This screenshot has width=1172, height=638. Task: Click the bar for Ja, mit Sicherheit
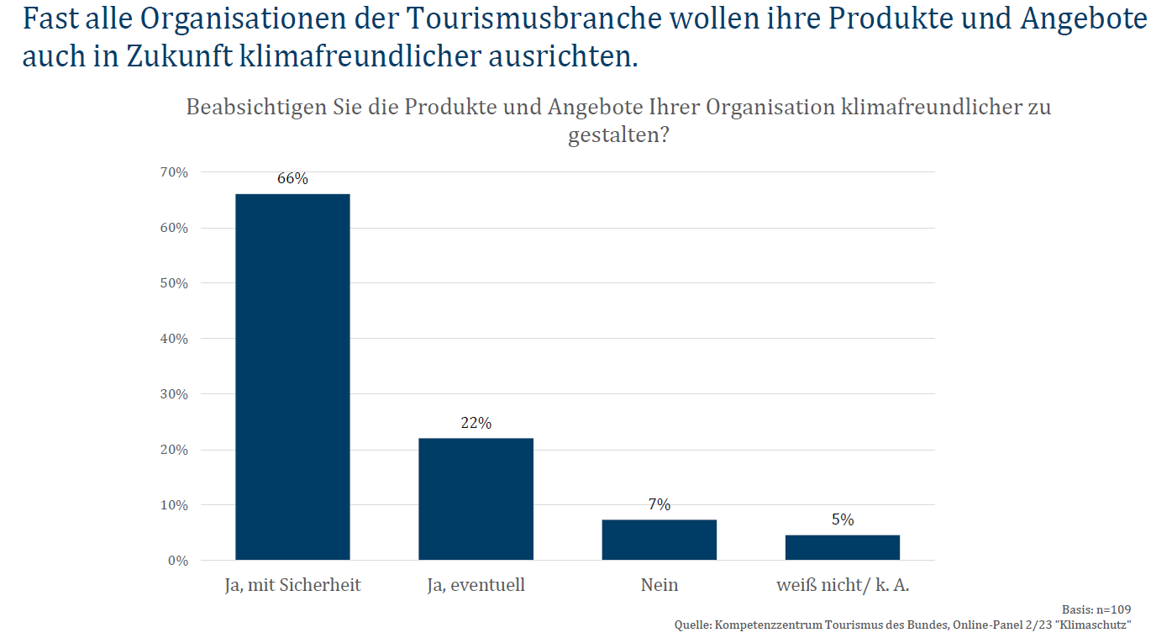[292, 377]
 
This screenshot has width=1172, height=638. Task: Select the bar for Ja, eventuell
[476, 498]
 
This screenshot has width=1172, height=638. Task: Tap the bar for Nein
[659, 540]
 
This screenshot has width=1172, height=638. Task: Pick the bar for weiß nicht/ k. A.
[842, 547]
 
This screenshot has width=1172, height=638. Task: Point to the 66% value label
[292, 179]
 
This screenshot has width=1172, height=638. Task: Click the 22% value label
[476, 423]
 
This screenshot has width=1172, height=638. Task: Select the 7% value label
[659, 504]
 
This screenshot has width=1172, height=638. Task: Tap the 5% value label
[842, 519]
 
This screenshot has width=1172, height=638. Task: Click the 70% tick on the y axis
[173, 172]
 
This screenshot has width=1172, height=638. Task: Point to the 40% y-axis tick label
[173, 339]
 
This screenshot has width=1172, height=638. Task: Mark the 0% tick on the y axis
[176, 561]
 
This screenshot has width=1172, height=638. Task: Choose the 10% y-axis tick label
[173, 505]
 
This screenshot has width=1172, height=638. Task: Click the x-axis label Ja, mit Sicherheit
[292, 585]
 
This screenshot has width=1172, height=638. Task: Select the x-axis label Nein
[659, 585]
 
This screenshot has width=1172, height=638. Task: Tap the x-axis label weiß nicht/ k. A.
[842, 585]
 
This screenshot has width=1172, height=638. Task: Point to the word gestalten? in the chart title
[618, 135]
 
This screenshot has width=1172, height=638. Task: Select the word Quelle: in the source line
[693, 625]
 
